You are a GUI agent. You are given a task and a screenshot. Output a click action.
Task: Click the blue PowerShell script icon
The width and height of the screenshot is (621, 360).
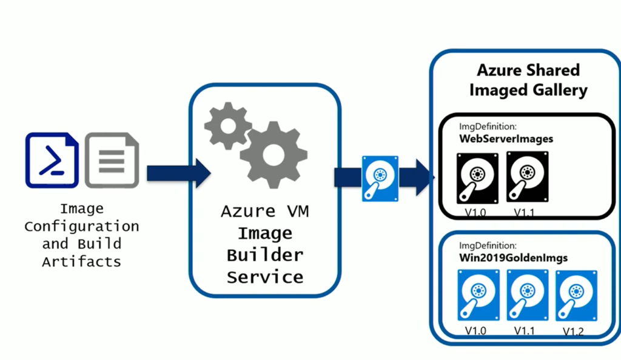(52, 160)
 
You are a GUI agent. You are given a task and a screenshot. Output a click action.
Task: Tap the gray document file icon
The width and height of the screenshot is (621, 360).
(112, 160)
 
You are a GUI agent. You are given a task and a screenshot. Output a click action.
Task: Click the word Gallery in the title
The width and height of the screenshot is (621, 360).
(556, 90)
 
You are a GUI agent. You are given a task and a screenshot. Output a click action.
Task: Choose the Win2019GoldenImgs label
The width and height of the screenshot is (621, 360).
(513, 258)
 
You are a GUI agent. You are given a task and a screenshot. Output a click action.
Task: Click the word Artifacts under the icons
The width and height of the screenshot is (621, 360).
(81, 262)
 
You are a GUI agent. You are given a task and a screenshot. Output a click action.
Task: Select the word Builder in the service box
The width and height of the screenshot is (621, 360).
(264, 255)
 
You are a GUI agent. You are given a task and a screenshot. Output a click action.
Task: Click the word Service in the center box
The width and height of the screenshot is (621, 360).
(264, 277)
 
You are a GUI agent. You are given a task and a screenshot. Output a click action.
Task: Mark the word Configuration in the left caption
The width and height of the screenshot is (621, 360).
(81, 227)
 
